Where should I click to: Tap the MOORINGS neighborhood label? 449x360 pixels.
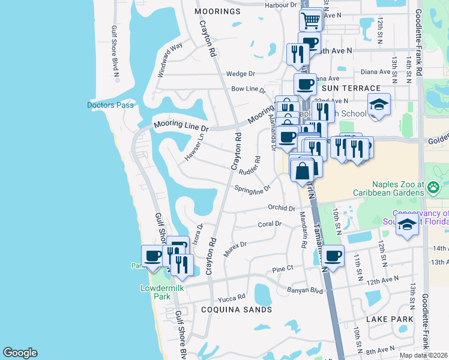pos(218,11)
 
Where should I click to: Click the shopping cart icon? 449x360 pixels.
pos(311,20)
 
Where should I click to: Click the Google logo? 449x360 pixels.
pos(20,353)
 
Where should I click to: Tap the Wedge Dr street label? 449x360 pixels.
pos(241,74)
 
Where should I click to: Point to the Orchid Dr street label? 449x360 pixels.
pos(282,209)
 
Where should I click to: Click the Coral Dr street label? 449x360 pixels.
pos(270,224)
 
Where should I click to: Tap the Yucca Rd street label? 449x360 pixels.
pos(232,297)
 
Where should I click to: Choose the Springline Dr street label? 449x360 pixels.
pos(253,188)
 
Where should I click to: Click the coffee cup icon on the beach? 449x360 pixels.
pos(152,256)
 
